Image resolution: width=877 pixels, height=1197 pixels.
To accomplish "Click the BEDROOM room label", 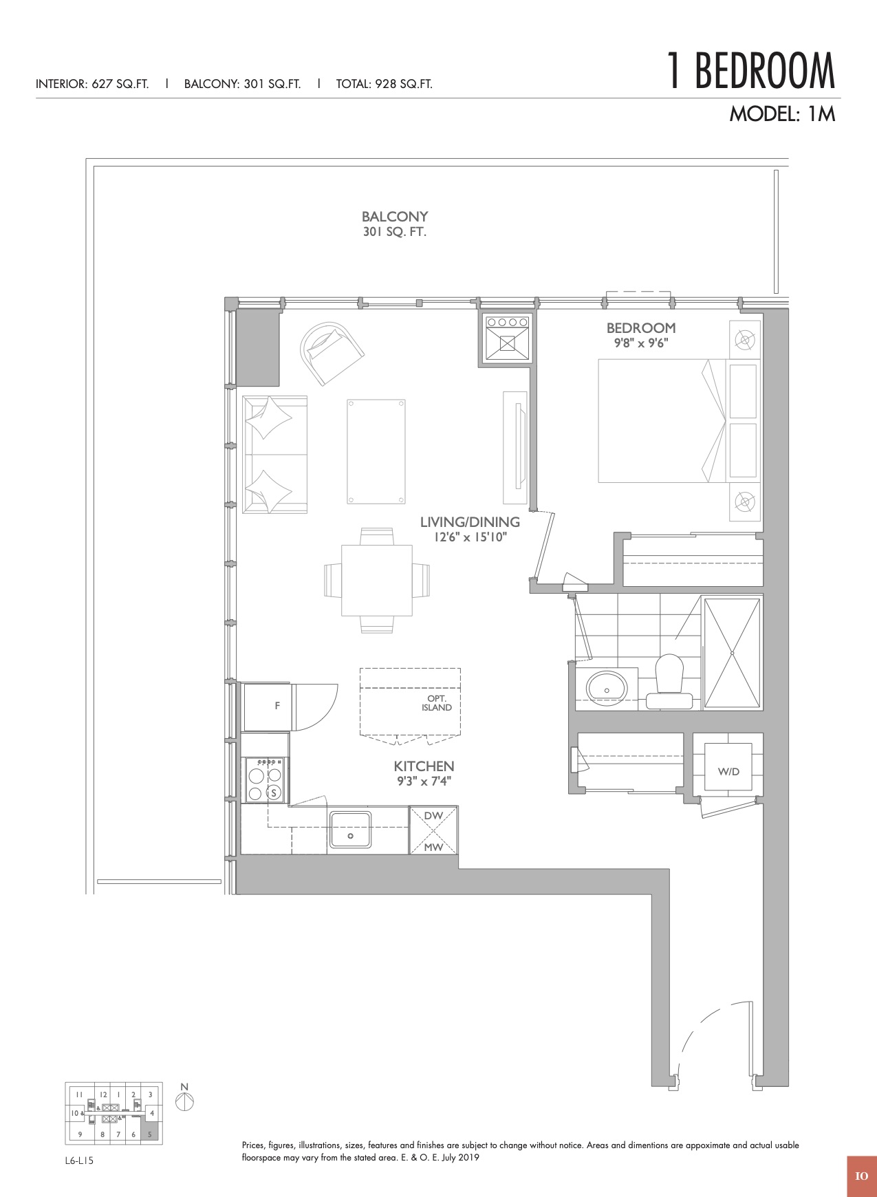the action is (641, 328).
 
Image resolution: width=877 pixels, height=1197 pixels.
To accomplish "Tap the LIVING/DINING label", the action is (470, 522).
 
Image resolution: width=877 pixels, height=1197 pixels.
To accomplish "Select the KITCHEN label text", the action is (424, 766).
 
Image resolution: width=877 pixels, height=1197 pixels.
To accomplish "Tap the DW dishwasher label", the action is (433, 816).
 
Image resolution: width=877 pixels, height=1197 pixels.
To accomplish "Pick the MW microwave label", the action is (433, 847).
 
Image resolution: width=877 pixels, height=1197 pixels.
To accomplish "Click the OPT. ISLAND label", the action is (437, 703).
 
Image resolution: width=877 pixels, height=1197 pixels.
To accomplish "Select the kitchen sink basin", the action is (350, 830).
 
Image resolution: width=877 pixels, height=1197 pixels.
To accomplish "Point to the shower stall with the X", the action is (732, 653).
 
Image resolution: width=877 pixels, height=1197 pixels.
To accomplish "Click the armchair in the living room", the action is (332, 353).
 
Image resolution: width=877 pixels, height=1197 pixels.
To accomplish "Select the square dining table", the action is (377, 580).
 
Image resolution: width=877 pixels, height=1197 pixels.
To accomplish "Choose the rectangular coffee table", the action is (376, 451).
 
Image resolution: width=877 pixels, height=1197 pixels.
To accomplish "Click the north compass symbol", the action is (184, 1101).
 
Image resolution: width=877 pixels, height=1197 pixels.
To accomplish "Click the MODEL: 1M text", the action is (782, 114).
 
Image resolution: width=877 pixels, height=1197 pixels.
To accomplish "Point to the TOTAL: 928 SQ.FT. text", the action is (385, 85).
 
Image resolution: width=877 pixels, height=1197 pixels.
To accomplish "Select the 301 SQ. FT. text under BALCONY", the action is (395, 233).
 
